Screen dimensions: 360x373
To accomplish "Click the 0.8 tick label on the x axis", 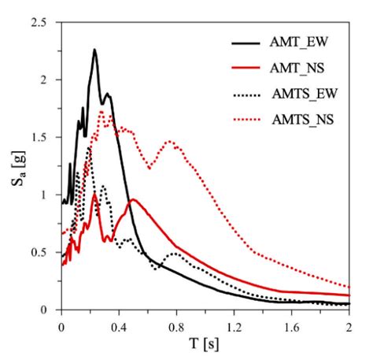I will [176, 324].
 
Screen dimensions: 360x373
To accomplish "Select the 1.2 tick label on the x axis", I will [234, 324].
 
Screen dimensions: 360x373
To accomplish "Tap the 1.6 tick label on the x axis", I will [291, 324].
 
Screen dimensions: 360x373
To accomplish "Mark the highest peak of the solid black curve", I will [94, 50].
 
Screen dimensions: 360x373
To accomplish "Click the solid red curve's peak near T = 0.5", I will [133, 199].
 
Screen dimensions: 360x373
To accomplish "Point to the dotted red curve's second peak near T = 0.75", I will [169, 142].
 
